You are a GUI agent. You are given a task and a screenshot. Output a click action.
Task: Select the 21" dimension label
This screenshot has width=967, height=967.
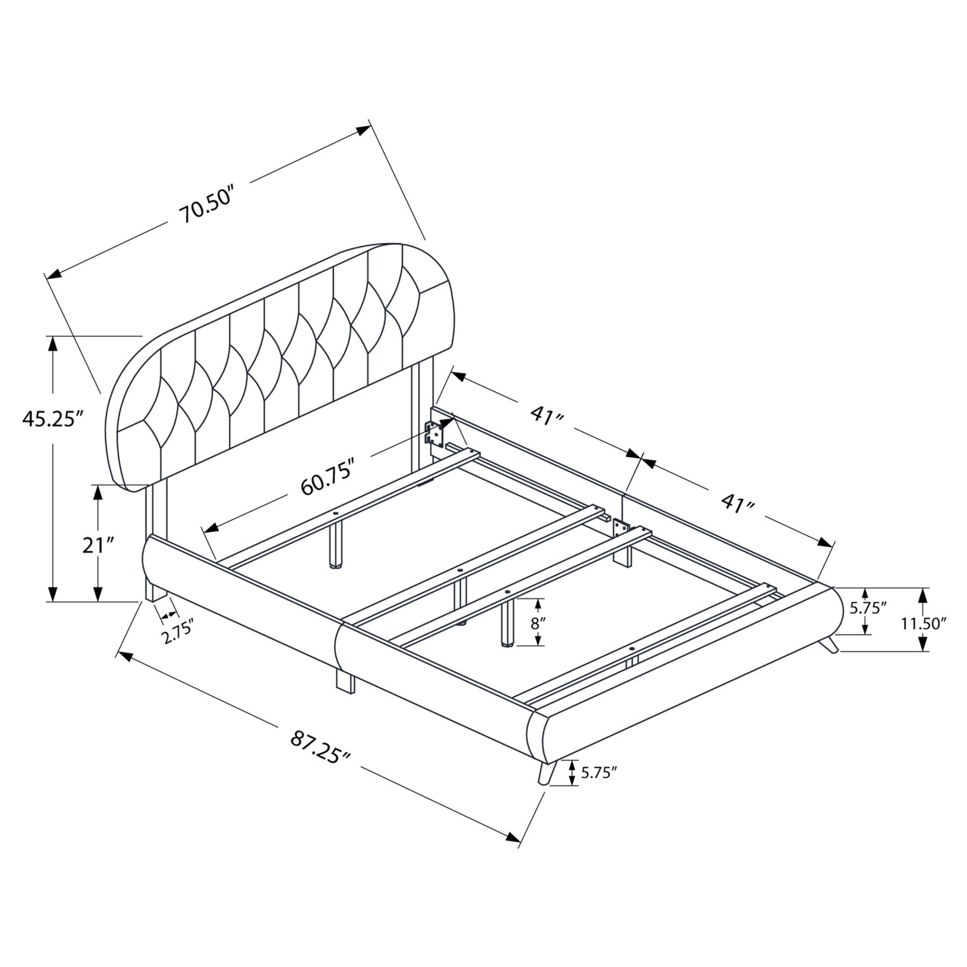click(97, 546)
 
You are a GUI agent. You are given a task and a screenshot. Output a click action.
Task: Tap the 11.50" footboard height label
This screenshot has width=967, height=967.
click(924, 623)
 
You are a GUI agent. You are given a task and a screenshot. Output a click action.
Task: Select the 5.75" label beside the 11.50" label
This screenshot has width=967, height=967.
click(869, 608)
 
